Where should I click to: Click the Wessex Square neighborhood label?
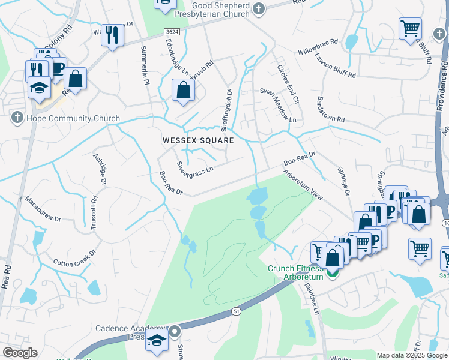(x=197, y=140)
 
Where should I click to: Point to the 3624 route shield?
(x=172, y=31)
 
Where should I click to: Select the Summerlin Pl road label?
(x=145, y=65)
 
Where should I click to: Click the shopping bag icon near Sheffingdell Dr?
(x=183, y=90)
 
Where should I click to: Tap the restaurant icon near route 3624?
(x=112, y=35)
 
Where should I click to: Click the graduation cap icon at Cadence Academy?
(x=157, y=340)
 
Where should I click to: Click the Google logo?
(x=20, y=353)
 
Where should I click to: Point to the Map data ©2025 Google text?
(x=412, y=355)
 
